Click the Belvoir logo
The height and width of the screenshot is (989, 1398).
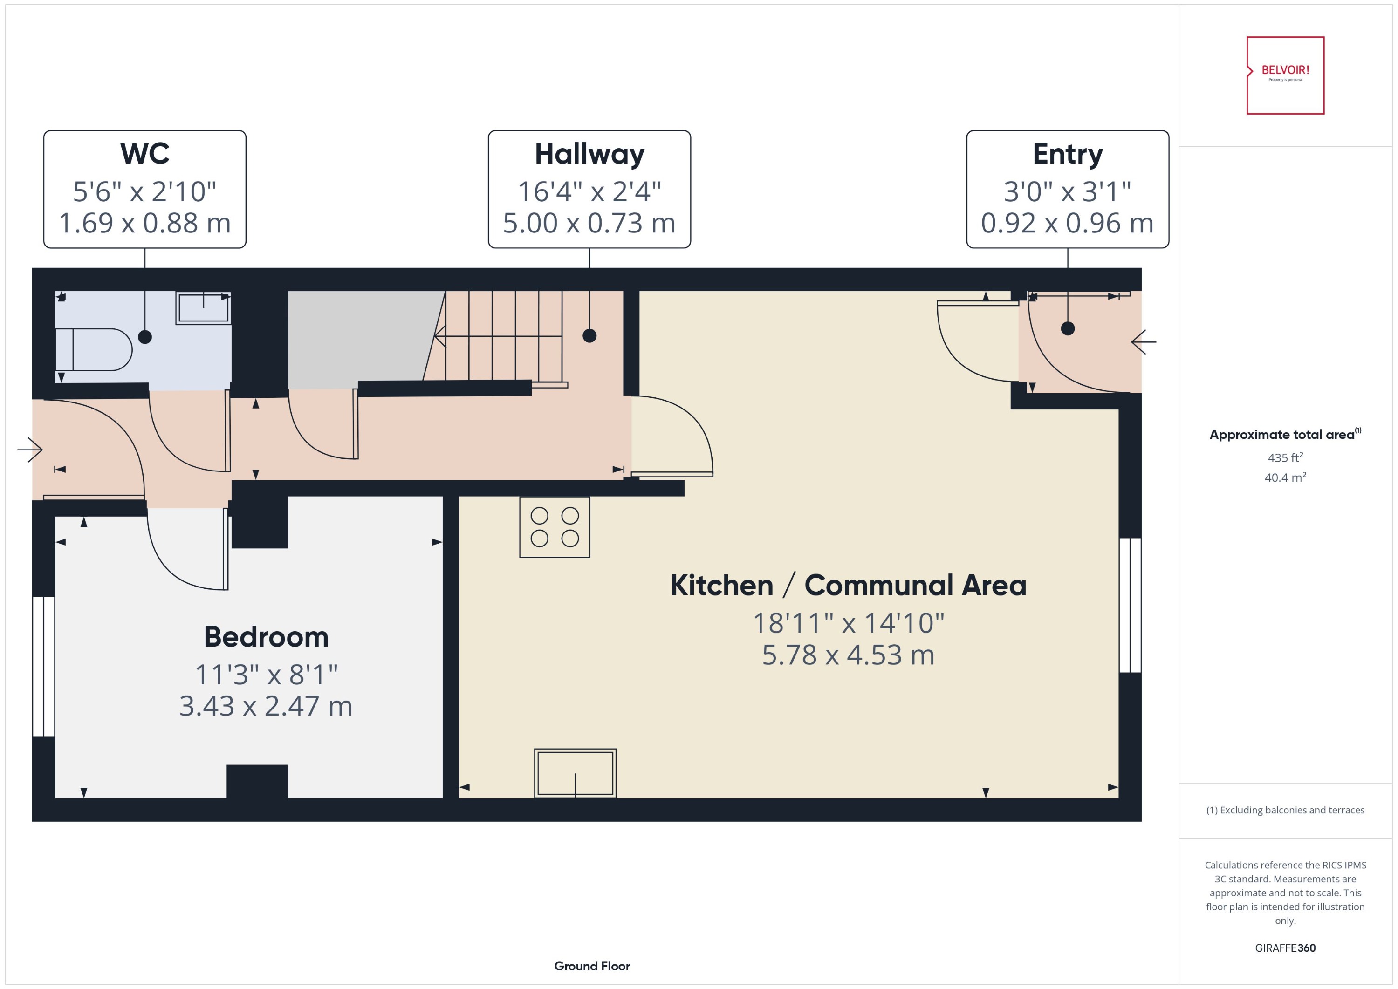click(x=1285, y=75)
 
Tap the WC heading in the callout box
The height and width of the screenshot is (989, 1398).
click(x=144, y=153)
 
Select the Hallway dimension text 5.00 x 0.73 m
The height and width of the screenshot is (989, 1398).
click(x=589, y=223)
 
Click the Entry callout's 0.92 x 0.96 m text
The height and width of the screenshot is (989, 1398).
click(x=1067, y=223)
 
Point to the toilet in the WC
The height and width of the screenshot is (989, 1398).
click(x=95, y=349)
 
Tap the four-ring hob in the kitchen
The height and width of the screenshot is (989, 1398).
click(x=555, y=527)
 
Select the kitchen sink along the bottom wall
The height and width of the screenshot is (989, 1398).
click(x=575, y=773)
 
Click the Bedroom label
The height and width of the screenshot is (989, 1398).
click(x=266, y=637)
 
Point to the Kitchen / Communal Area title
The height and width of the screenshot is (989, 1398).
click(x=848, y=585)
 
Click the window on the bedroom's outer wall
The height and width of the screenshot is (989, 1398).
click(x=43, y=666)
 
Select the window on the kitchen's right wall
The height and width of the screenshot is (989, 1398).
click(x=1130, y=605)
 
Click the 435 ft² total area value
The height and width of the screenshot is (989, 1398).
click(x=1285, y=457)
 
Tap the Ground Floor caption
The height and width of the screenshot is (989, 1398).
click(x=591, y=966)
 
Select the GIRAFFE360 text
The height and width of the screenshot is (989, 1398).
click(x=1285, y=948)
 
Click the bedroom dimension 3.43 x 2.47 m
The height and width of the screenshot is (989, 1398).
click(x=266, y=706)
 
